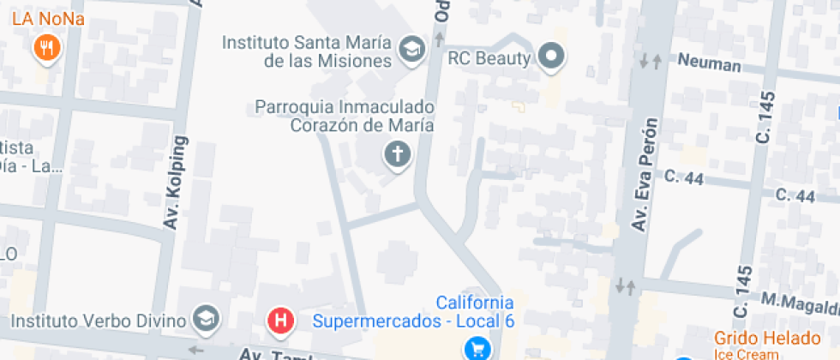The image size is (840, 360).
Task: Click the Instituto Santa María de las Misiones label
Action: (307, 51)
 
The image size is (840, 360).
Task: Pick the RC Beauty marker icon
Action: (553, 57)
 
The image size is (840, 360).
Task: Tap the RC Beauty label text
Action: (490, 58)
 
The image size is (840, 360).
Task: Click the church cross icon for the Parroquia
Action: (397, 155)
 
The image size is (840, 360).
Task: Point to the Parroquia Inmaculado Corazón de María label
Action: (345, 116)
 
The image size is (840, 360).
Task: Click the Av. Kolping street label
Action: (178, 185)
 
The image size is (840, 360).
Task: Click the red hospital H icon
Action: (280, 321)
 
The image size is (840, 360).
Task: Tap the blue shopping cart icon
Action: (477, 348)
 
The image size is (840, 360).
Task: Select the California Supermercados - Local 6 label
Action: (415, 313)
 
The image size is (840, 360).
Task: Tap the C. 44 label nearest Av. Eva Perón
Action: (684, 177)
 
